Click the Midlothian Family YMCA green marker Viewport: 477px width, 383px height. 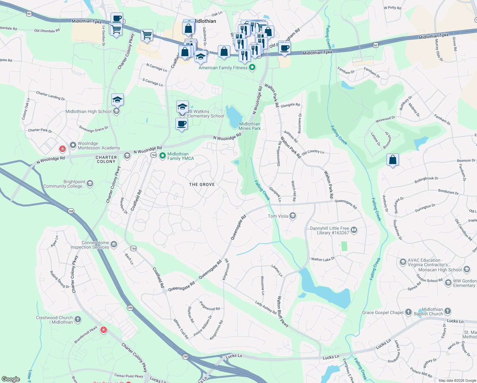coord(163,156)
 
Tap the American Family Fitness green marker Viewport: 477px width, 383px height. coord(252,67)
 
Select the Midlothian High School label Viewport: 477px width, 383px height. coord(88,111)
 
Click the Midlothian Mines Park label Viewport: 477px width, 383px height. coord(250,126)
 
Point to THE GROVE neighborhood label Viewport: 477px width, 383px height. coord(202,184)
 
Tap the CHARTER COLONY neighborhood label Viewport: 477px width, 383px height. coord(106,159)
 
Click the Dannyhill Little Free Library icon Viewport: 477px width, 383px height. coord(354,230)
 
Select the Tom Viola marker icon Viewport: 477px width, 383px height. coord(293,216)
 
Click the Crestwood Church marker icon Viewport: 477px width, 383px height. coord(77,319)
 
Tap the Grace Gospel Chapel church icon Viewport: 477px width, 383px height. coord(408,312)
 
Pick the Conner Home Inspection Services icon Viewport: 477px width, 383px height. coord(114,245)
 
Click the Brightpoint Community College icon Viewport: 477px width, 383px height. coord(90,183)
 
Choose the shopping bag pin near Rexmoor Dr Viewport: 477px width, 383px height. coord(393,160)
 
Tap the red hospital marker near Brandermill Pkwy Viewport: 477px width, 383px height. coord(103,330)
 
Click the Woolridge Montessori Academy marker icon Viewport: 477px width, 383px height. coord(73,145)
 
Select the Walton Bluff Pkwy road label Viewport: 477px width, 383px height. coord(283,312)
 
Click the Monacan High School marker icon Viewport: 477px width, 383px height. coord(467,270)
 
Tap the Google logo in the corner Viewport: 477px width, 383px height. coord(11,379)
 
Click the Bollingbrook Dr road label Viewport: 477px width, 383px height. coord(426,180)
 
